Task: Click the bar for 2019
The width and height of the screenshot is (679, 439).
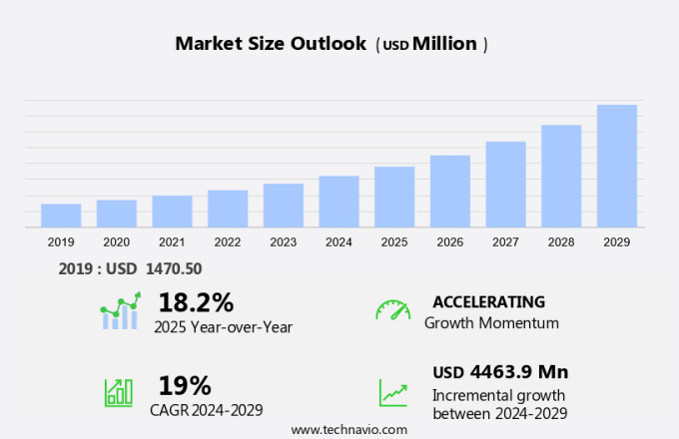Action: [61, 216]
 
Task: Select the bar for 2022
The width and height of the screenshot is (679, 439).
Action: [228, 209]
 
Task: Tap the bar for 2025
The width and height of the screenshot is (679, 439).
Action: [394, 197]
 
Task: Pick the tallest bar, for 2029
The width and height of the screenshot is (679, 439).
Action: [617, 166]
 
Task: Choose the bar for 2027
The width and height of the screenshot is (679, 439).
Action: [506, 185]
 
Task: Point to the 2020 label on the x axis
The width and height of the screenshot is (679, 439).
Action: [116, 242]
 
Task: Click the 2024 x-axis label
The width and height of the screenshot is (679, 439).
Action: [339, 242]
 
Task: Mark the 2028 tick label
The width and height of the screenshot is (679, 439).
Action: [561, 242]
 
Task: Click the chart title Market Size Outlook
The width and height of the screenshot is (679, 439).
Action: [271, 44]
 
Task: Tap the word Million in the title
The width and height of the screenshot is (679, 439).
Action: [444, 44]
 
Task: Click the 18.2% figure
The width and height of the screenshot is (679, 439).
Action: [196, 302]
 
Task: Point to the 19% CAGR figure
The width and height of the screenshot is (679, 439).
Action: [185, 385]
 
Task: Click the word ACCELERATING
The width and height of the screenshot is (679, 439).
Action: [488, 301]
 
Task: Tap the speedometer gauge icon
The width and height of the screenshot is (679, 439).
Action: [392, 309]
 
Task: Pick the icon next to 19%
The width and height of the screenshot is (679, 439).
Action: [119, 391]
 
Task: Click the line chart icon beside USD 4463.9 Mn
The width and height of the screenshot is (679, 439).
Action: [392, 392]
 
